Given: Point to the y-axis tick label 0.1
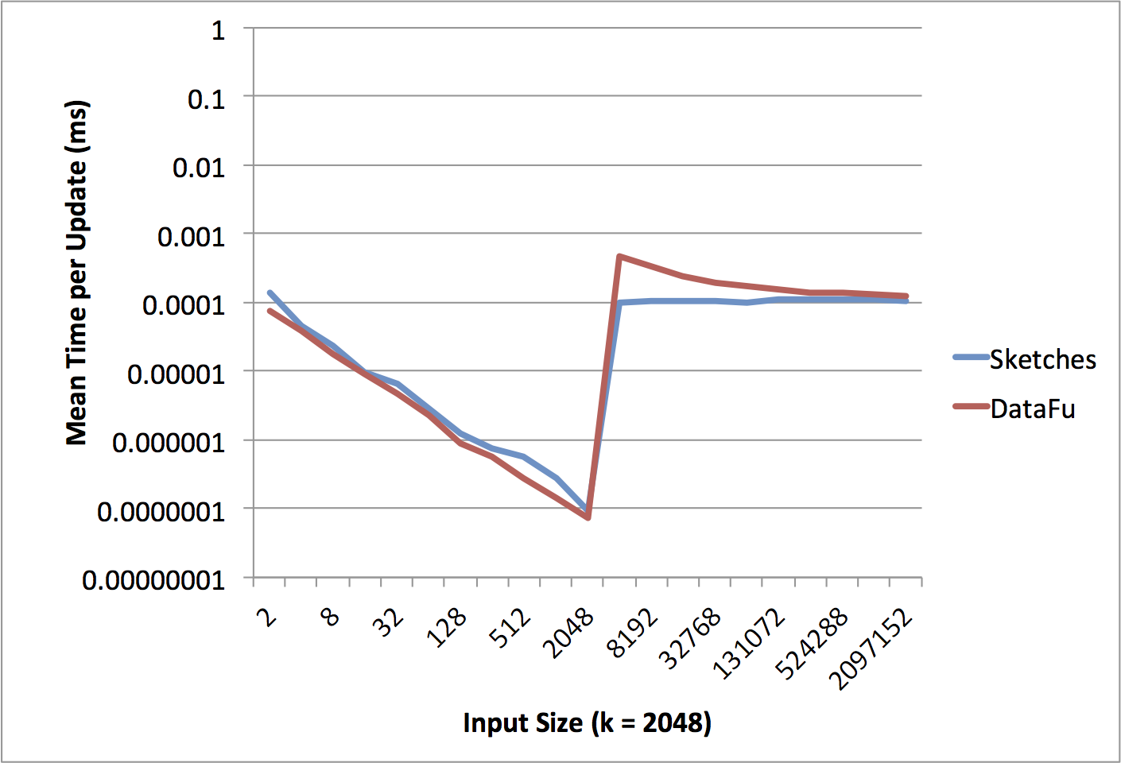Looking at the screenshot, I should tap(206, 99).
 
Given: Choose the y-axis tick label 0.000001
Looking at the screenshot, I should tap(169, 443).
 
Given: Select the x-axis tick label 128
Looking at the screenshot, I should tap(448, 628).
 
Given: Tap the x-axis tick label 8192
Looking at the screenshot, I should tap(634, 633).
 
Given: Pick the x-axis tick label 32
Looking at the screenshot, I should tap(390, 622).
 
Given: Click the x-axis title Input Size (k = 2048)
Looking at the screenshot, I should tap(587, 723).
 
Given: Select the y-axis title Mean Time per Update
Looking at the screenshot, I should tap(77, 273).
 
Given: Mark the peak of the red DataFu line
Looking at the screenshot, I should tap(619, 256).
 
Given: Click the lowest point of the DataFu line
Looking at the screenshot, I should tap(588, 517).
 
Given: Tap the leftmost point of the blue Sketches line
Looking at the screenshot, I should tap(270, 292).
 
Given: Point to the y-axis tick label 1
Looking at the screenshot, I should tap(218, 31).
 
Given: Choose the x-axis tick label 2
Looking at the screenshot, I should tap(268, 617).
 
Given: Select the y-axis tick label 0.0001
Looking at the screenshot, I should tap(184, 304).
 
